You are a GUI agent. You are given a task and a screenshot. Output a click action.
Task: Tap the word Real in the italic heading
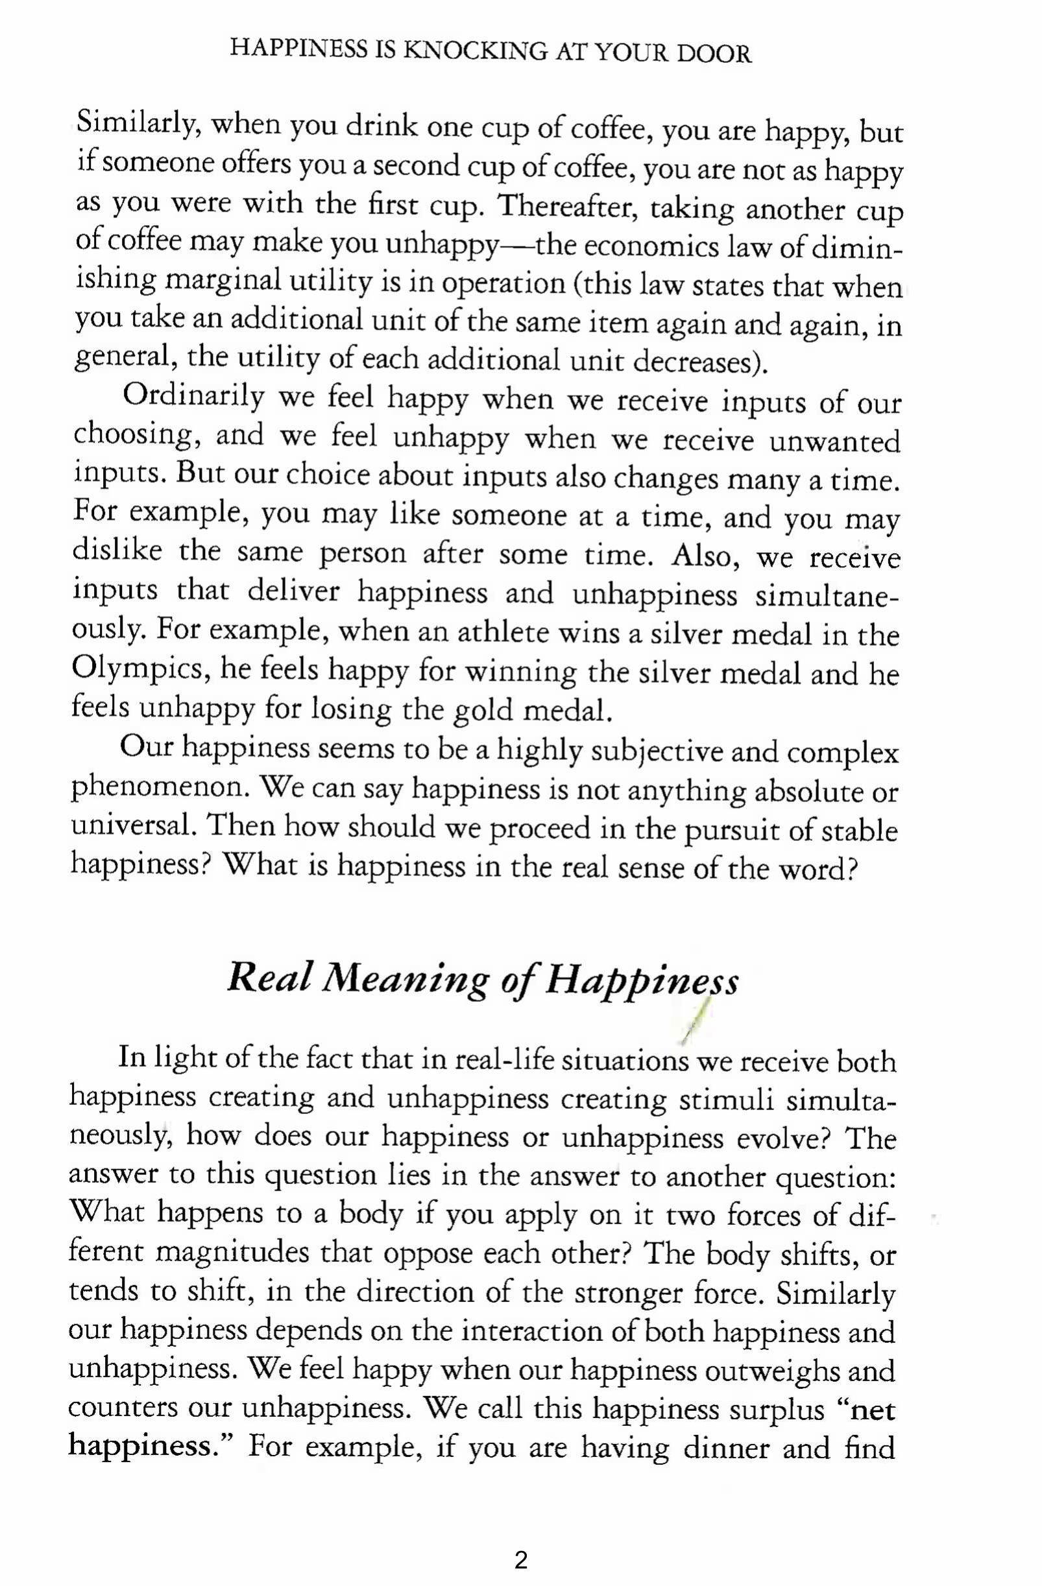point(269,978)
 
